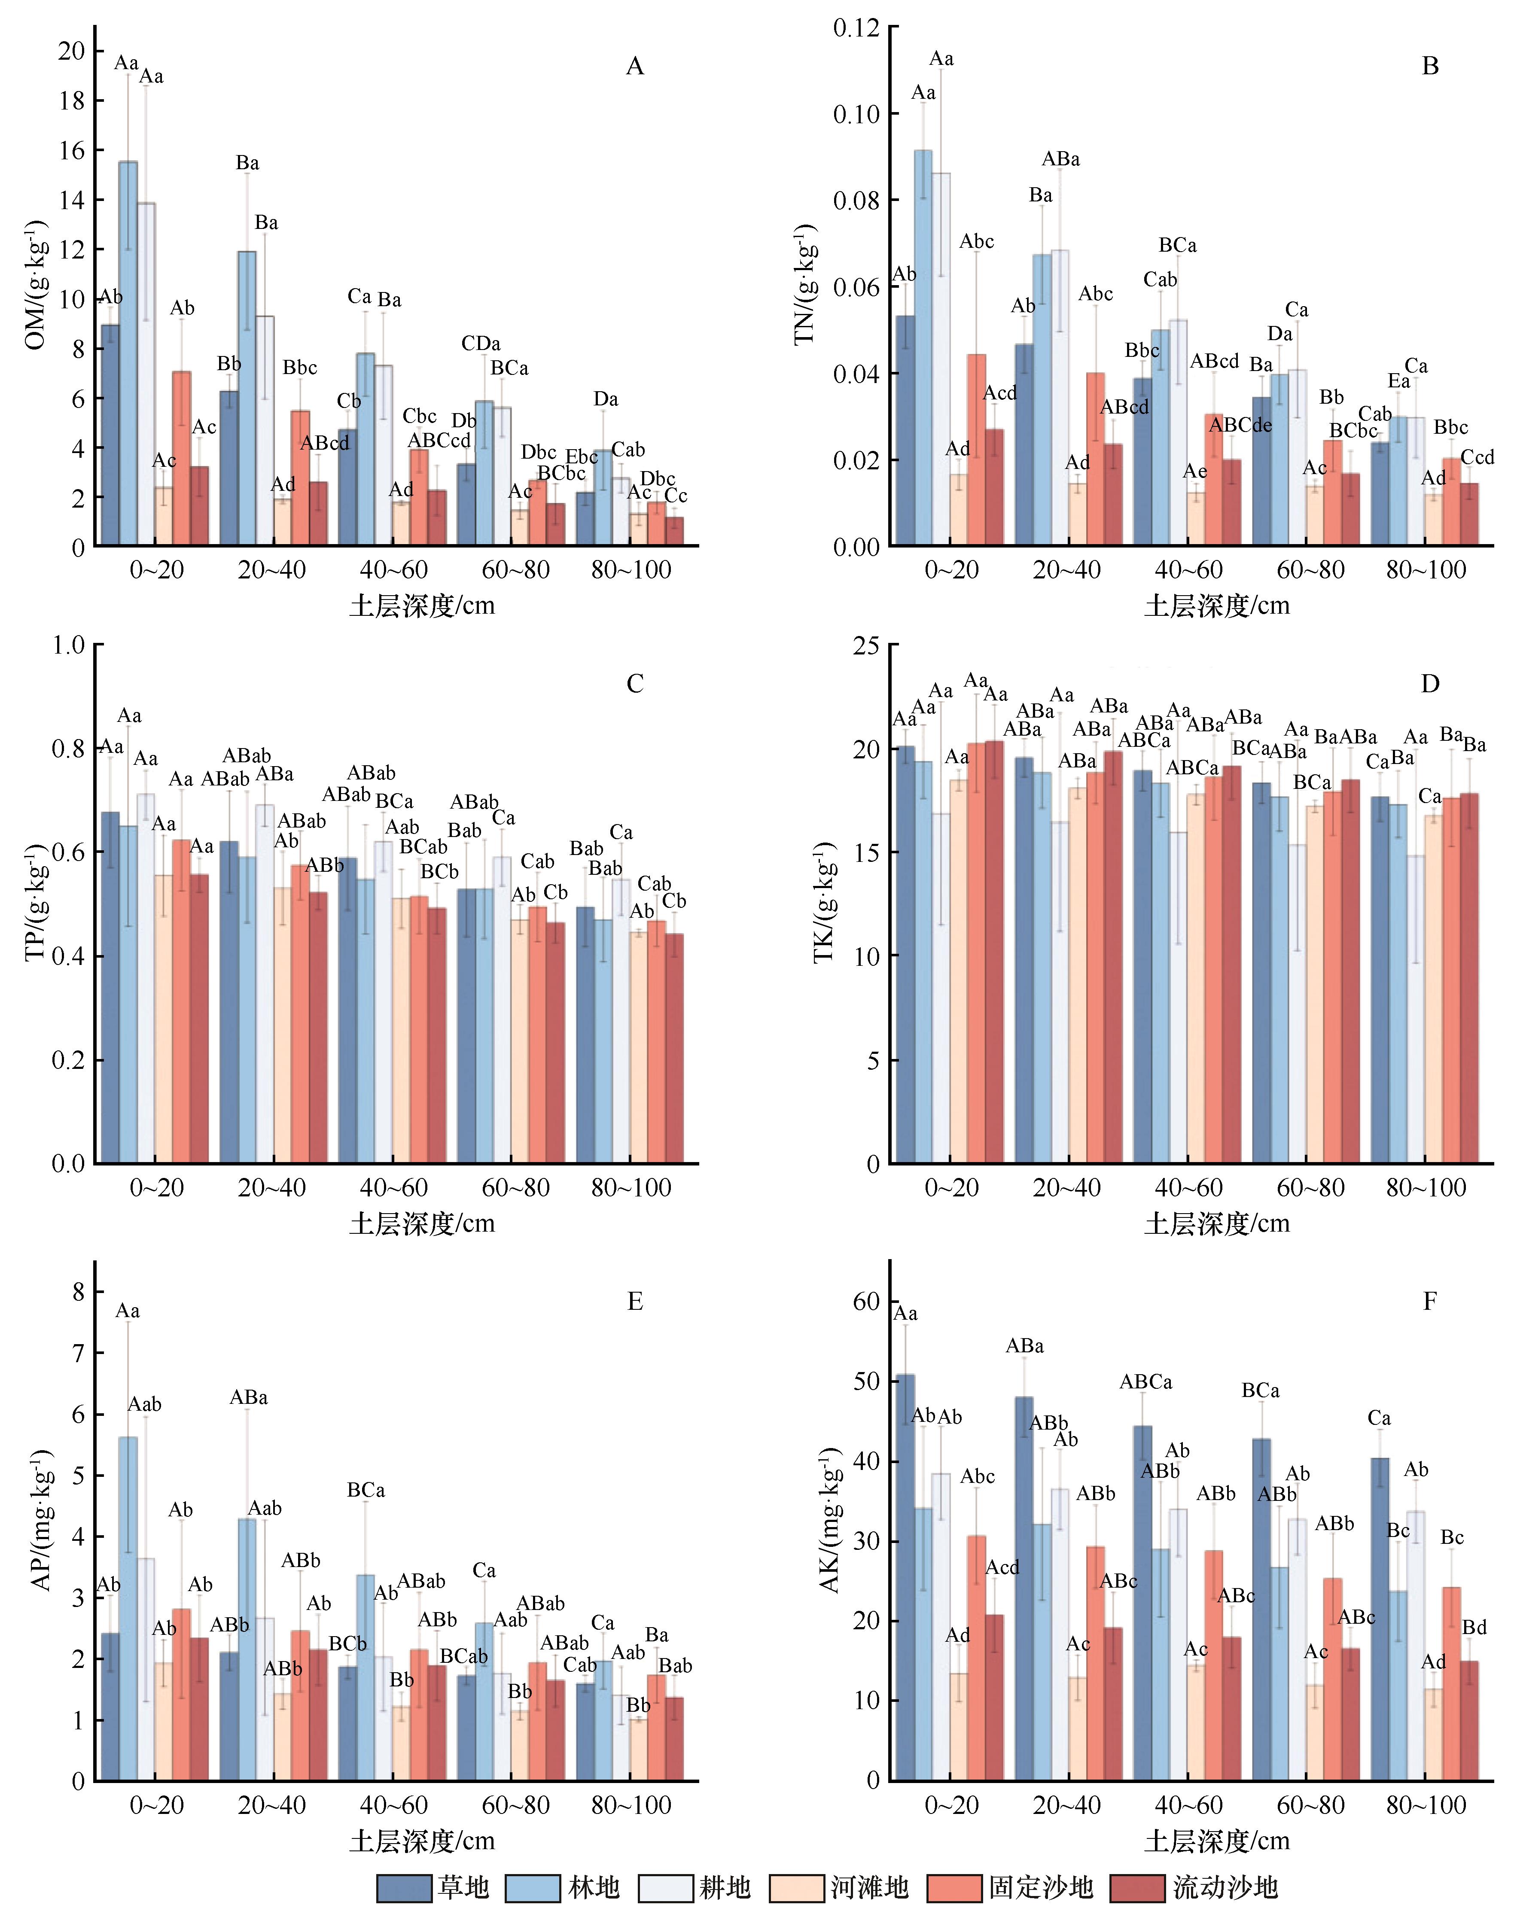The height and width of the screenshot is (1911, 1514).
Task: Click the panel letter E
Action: click(x=635, y=1301)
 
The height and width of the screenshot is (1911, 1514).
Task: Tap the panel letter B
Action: click(x=1430, y=67)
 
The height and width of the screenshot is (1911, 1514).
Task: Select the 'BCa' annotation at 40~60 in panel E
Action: click(x=366, y=1491)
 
